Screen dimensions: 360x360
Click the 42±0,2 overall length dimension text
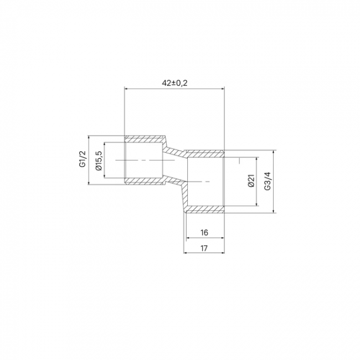point(174,83)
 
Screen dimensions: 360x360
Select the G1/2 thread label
point(83,159)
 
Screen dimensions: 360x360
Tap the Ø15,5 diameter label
point(99,161)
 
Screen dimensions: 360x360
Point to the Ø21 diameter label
point(251,181)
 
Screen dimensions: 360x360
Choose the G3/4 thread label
point(268,181)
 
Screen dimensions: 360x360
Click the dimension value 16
point(204,233)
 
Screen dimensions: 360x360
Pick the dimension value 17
point(204,248)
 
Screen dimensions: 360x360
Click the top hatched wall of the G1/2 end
point(145,139)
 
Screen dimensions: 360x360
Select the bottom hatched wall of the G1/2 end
point(145,181)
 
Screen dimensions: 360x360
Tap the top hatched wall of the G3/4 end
point(205,153)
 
